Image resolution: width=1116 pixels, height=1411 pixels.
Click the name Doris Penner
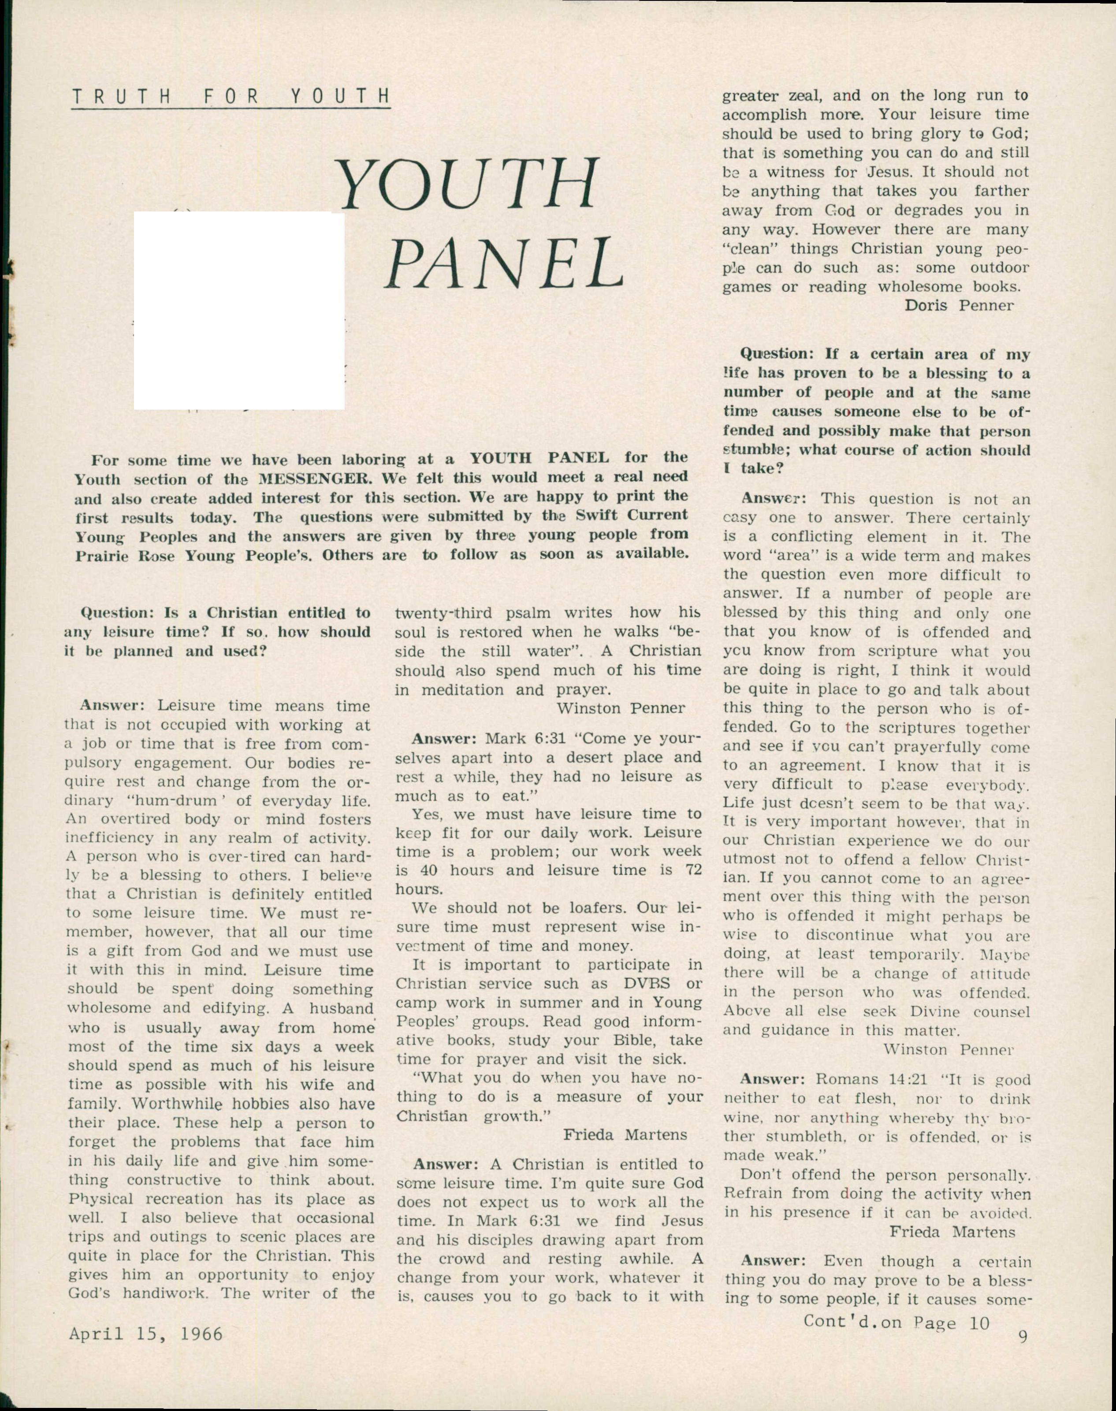959,306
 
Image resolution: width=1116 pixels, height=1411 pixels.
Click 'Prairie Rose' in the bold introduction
125,556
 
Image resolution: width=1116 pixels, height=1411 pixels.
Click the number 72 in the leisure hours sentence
693,870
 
